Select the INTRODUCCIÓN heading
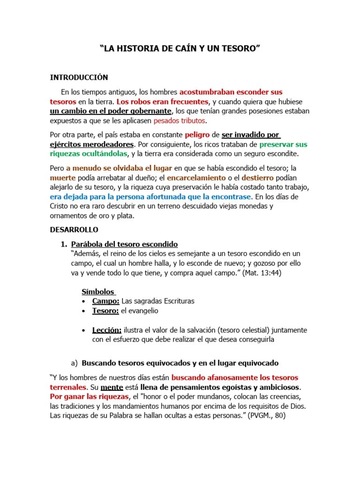click(79, 77)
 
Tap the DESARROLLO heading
click(74, 230)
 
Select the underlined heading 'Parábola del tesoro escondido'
click(124, 244)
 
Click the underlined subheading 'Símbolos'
click(98, 292)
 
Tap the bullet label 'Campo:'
click(105, 301)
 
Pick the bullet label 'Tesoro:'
click(105, 311)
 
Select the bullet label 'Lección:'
click(107, 330)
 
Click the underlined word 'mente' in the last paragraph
click(112, 387)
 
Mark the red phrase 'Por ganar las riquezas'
click(88, 397)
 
